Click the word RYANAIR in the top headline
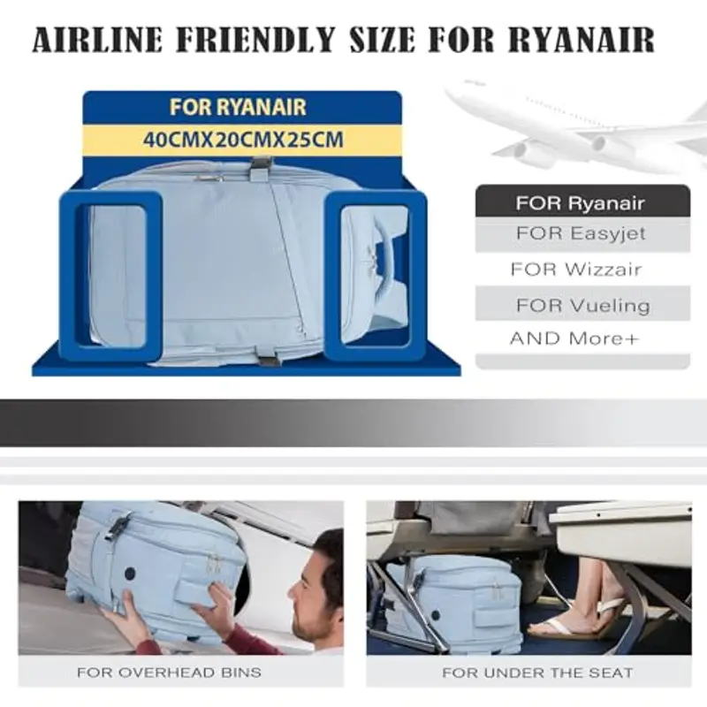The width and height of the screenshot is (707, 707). coord(582,39)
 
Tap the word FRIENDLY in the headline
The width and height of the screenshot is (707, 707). coord(256,39)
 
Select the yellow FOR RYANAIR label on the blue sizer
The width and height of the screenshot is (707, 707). coord(238,107)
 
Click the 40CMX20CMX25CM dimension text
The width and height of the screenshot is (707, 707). coord(243,140)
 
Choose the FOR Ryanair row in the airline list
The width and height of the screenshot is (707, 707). coord(582,203)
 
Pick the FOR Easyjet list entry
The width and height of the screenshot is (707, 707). coord(582,233)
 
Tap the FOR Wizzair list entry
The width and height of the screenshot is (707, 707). coord(576,270)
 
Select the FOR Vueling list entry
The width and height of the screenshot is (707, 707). coord(583,306)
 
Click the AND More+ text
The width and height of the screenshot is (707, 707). coord(575,338)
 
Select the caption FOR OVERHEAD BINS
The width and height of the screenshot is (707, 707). coord(169,673)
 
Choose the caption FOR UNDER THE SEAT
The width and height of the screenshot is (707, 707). coord(537,673)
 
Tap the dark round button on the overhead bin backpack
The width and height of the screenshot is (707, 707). coord(130,574)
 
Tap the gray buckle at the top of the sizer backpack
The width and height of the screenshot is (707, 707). coord(261,166)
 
